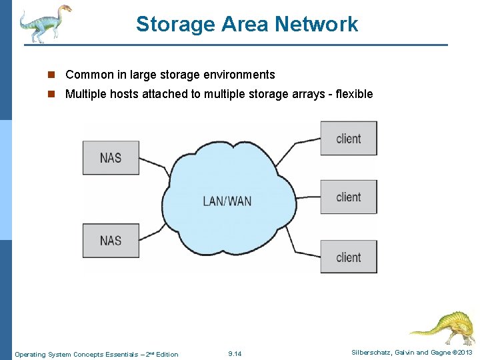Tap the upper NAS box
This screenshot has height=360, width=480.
pos(111,158)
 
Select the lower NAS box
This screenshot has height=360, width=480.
pos(111,240)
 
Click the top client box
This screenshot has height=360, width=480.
pos(348,139)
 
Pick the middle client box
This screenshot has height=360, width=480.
pos(348,197)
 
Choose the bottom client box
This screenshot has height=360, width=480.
pos(348,257)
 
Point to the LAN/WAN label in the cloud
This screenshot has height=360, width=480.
pos(227,201)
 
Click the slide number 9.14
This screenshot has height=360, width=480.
pos(235,354)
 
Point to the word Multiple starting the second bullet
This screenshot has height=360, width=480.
pos(87,94)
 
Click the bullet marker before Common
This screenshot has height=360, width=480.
pos(51,75)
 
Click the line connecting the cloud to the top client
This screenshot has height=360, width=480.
pos(299,147)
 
